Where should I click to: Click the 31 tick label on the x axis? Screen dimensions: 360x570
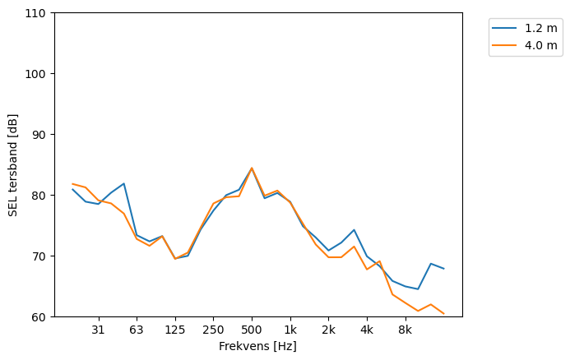point(98,330)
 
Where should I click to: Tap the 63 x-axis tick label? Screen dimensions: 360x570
point(137,330)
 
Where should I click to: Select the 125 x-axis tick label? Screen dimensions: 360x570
point(175,330)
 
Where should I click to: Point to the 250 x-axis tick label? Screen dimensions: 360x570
point(213,330)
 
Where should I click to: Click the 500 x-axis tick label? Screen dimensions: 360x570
point(252,330)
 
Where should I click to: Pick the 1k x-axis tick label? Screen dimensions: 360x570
point(290,330)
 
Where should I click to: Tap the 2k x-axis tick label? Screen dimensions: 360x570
point(328,330)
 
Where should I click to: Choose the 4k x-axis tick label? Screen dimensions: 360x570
point(367,330)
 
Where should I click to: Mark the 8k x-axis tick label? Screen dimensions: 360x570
point(405,330)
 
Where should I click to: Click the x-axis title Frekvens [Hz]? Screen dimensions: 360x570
point(257,346)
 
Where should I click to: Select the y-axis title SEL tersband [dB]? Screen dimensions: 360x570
point(12,165)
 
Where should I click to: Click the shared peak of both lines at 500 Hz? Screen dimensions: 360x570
point(252,168)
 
